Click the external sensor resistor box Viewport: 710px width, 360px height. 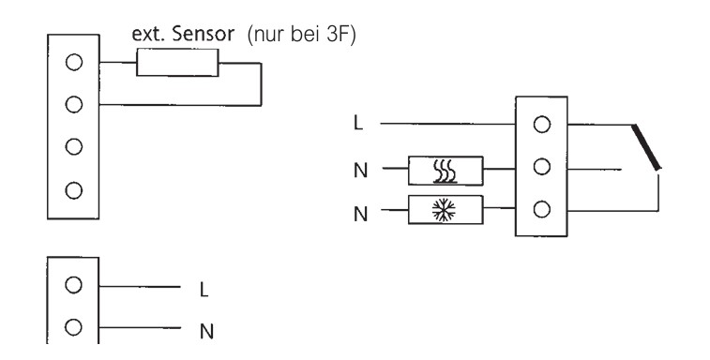pyautogui.click(x=177, y=63)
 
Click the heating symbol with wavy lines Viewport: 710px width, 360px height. pyautogui.click(x=446, y=172)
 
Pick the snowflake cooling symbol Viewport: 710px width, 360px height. pyautogui.click(x=444, y=210)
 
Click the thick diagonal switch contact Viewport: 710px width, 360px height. pyautogui.click(x=646, y=147)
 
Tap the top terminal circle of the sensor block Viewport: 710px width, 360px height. pyautogui.click(x=74, y=62)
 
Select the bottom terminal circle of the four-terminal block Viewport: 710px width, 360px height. pyautogui.click(x=74, y=190)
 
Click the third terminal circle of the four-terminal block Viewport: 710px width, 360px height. pyautogui.click(x=74, y=146)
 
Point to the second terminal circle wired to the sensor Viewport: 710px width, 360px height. pyautogui.click(x=74, y=105)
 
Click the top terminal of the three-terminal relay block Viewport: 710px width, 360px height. pyautogui.click(x=541, y=125)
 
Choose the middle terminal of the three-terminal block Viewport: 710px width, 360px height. pyautogui.click(x=541, y=167)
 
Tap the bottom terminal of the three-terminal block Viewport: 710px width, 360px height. pyautogui.click(x=541, y=210)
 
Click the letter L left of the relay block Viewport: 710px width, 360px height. pyautogui.click(x=358, y=123)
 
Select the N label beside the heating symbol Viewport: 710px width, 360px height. pyautogui.click(x=360, y=172)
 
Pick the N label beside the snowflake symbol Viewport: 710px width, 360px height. pyautogui.click(x=360, y=214)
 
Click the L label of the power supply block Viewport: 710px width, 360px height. pyautogui.click(x=204, y=290)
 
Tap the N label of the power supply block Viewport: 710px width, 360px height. pyautogui.click(x=206, y=332)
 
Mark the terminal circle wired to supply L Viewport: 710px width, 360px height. pyautogui.click(x=73, y=285)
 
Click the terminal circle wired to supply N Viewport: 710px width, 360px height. pyautogui.click(x=73, y=327)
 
